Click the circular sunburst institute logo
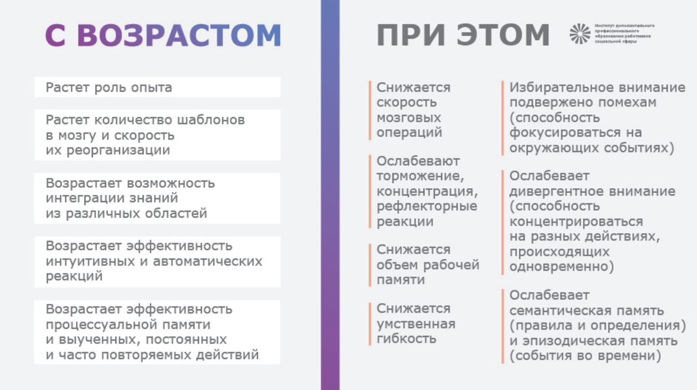pyautogui.click(x=580, y=34)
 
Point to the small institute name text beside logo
pyautogui.click(x=625, y=34)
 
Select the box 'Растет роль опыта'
pyautogui.click(x=157, y=87)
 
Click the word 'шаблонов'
pyautogui.click(x=212, y=120)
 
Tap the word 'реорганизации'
pyautogui.click(x=118, y=150)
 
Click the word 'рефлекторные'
pyautogui.click(x=427, y=206)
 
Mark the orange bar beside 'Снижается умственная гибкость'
pyautogui.click(x=370, y=324)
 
